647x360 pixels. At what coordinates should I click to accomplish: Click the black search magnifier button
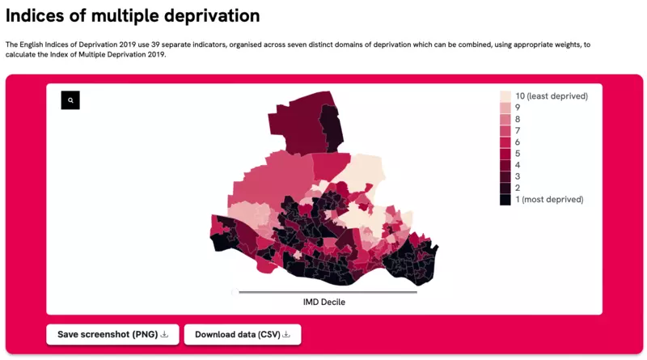[x=70, y=100]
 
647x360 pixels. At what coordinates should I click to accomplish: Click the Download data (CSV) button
[x=243, y=334]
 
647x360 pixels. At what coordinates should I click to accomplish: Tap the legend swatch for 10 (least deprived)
[x=505, y=96]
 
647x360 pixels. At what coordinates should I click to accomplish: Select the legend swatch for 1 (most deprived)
[x=505, y=199]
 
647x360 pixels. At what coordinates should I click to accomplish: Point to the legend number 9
[x=518, y=108]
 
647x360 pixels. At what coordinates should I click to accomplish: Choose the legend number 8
[x=518, y=119]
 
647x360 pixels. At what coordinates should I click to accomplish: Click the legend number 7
[x=518, y=131]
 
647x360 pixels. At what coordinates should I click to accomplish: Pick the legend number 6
[x=518, y=142]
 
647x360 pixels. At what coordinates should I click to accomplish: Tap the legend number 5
[x=518, y=154]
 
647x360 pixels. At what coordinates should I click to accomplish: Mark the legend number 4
[x=518, y=165]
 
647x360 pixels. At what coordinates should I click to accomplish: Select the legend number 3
[x=518, y=176]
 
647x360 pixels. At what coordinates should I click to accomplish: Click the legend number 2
[x=518, y=188]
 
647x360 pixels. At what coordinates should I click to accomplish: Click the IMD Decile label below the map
[x=324, y=303]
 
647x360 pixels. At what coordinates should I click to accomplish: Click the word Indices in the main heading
[x=35, y=15]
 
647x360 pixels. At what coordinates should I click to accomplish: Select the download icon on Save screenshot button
[x=164, y=334]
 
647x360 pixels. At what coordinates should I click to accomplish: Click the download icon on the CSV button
[x=286, y=334]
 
